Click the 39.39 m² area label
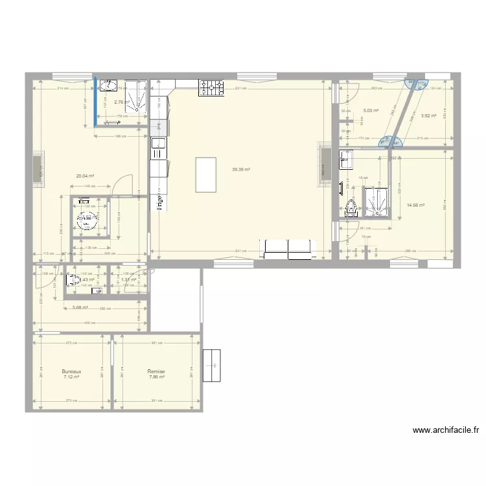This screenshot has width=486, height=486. pos(241,170)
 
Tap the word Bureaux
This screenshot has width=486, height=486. pos(71,371)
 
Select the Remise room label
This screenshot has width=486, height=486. pos(156,371)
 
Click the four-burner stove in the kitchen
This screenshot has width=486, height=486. pos(211,87)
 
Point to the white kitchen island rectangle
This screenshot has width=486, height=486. pos(206,174)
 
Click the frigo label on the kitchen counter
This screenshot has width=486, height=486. pos(158,203)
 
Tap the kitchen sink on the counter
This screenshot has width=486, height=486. pos(158,148)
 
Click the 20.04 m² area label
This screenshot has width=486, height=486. pos(85,176)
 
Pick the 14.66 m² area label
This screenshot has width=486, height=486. pos(415,205)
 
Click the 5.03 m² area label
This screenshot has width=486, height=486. pos(371,111)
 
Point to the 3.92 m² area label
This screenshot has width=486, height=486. pos(428,116)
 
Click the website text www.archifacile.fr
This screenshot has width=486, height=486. pos(446,430)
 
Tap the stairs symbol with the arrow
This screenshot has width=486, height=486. pos(211,367)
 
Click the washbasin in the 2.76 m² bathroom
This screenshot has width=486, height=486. pos(110,86)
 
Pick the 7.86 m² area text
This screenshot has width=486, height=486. pos(156,377)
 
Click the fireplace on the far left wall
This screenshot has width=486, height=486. pos(38,170)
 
